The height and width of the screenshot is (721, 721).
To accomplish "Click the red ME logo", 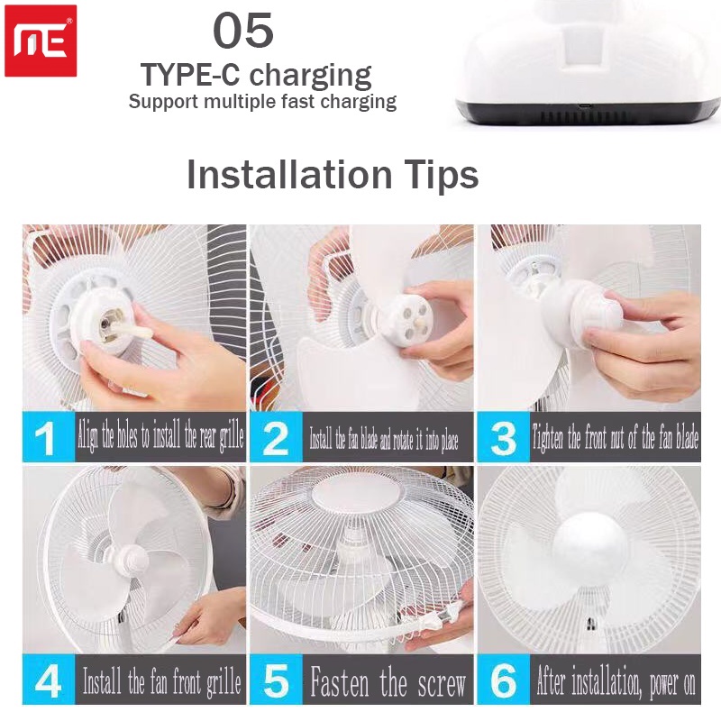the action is [41, 41].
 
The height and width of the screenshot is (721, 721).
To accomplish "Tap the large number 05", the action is [243, 31].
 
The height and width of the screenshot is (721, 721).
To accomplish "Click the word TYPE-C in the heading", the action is [190, 75].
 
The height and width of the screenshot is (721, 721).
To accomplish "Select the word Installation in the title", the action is [289, 174].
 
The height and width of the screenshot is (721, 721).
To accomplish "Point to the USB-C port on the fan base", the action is [585, 106].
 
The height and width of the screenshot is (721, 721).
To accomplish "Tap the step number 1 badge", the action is [49, 437].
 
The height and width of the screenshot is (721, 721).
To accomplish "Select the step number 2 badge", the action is [276, 437].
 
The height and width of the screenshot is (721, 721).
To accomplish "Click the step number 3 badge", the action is [504, 437].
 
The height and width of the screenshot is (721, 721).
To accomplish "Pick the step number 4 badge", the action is [49, 680].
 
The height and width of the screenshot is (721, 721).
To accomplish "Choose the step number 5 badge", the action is [276, 680].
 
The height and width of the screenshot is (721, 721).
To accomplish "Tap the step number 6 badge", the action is [504, 680].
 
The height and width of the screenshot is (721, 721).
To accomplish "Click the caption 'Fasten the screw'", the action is [388, 681].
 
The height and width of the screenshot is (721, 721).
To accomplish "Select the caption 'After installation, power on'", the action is [616, 681].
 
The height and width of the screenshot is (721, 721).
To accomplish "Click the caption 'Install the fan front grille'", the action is [162, 681].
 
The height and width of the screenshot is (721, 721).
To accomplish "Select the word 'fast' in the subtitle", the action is [298, 101].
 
